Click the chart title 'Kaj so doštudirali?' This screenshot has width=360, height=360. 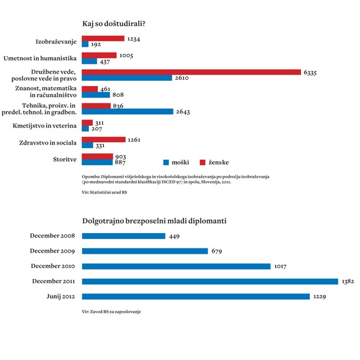pos(114,24)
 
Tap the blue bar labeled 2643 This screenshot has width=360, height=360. pos(127,112)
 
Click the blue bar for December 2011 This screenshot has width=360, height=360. pos(210,281)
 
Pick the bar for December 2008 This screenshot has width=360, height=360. pos(123,236)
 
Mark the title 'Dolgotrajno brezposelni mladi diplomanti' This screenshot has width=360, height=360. pos(155,221)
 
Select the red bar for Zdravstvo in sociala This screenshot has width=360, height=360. pos(103,140)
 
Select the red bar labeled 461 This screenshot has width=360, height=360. pos(87,89)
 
